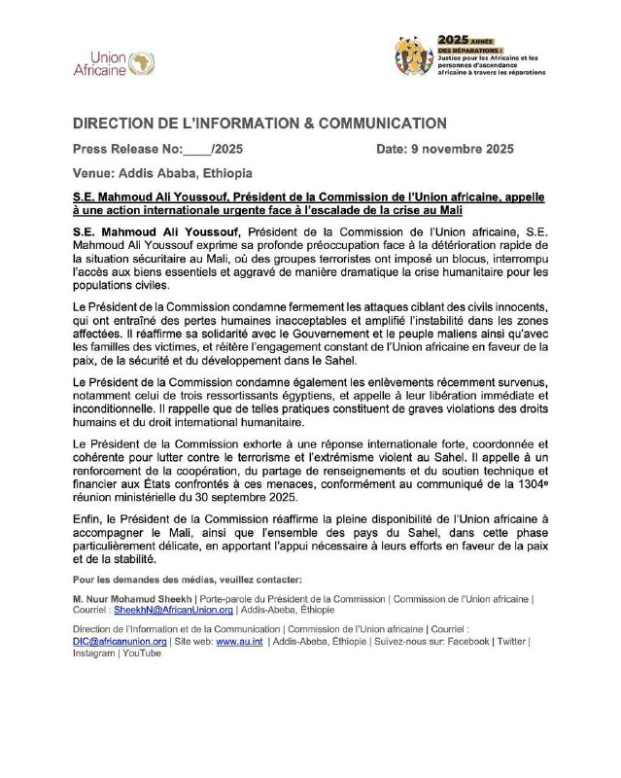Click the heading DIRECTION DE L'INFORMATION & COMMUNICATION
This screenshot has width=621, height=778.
coord(259,124)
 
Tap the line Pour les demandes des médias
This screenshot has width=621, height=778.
coord(180,580)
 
